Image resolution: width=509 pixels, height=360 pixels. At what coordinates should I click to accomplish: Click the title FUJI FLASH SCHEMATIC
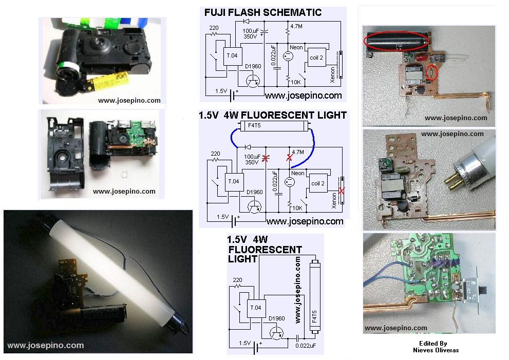pos(263,12)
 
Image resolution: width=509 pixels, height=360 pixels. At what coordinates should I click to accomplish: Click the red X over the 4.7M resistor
pos(289,158)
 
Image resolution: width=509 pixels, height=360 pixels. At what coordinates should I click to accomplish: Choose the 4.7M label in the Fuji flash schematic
pos(296,26)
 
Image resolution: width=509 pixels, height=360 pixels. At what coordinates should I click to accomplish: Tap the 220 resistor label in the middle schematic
pos(215,154)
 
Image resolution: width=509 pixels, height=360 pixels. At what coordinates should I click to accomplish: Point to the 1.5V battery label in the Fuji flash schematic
pos(221,91)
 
